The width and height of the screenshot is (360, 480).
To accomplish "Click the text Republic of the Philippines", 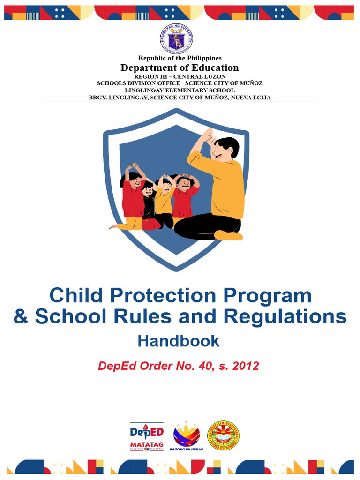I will pyautogui.click(x=180, y=58).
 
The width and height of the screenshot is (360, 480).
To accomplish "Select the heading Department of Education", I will pyautogui.click(x=180, y=67).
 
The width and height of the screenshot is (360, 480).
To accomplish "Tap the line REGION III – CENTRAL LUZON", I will pyautogui.click(x=180, y=76).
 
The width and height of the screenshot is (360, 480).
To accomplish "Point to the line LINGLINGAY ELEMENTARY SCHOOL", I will pyautogui.click(x=180, y=90).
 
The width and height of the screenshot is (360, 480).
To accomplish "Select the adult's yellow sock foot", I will pyautogui.click(x=228, y=235).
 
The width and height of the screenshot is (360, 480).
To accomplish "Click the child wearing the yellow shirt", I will pyautogui.click(x=164, y=199).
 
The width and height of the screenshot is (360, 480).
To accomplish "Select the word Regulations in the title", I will pyautogui.click(x=285, y=317).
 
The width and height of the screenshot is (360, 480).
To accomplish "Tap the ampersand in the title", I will pyautogui.click(x=21, y=317).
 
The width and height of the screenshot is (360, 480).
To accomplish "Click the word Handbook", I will pyautogui.click(x=178, y=341).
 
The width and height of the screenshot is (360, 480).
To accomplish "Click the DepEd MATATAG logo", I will pyautogui.click(x=146, y=436).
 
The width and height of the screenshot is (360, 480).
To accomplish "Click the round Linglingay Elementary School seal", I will pyautogui.click(x=223, y=435).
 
